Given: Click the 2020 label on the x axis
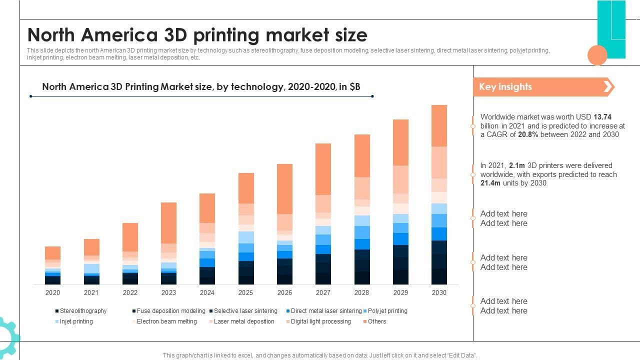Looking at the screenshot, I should pos(52,292).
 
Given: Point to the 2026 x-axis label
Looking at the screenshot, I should pos(284,292).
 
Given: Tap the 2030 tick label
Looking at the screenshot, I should pos(439,292).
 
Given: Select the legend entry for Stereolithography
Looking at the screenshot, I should pos(82,311).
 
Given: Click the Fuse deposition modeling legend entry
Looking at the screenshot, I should pos(170,311).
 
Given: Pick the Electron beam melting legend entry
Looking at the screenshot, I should pos(166,321).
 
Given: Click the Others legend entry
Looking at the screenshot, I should pos(376,321).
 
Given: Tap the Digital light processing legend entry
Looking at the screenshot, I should pos(320,321).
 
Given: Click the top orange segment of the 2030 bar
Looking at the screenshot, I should pos(439,125).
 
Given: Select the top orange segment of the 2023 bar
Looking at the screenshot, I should pos(168,223).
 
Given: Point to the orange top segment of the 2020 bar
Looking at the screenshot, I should pos(52,252).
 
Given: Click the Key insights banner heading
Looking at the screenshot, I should pos(505,87).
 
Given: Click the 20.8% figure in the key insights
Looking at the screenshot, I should pos(528,134).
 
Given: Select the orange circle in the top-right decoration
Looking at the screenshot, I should pos(597,55).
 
